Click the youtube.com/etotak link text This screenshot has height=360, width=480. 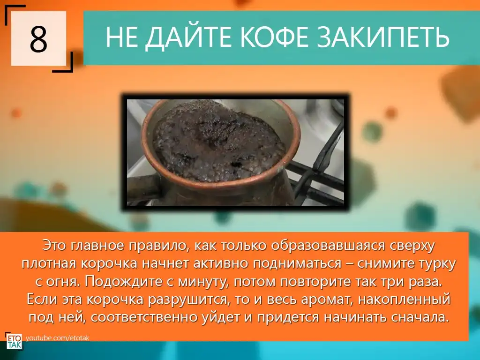click(x=58, y=338)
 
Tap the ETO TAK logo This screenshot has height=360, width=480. click(x=14, y=341)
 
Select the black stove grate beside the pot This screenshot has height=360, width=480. click(x=318, y=172)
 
